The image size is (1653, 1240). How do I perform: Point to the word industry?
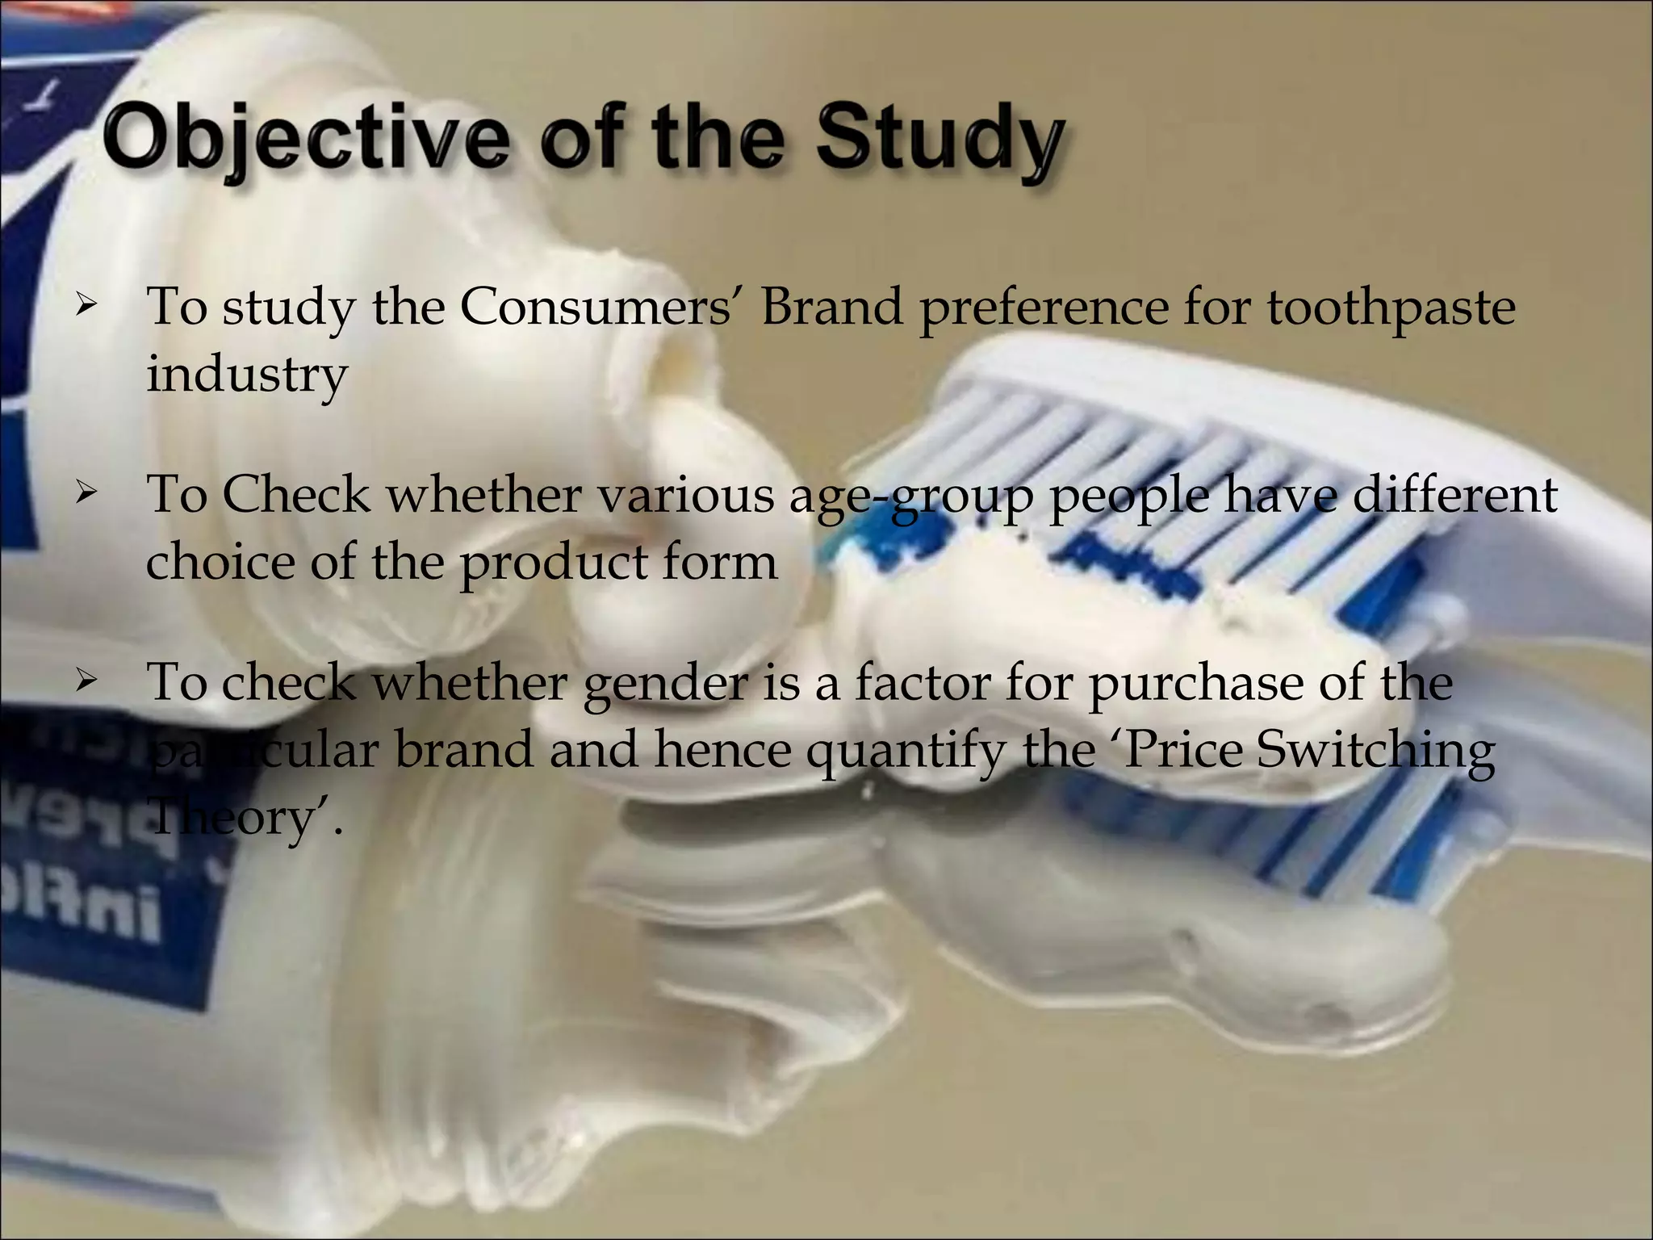[x=246, y=375]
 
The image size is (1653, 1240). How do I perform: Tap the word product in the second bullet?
[x=554, y=562]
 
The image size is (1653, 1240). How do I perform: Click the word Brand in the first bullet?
[x=831, y=308]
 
